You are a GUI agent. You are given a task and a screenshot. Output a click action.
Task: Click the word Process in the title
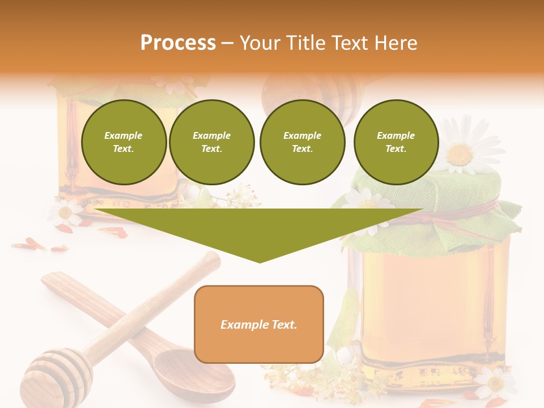tap(178, 43)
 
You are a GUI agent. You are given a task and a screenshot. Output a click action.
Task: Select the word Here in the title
tap(395, 43)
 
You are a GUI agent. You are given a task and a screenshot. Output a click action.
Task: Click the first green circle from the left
tap(124, 142)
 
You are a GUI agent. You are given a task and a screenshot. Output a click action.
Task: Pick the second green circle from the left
tap(212, 142)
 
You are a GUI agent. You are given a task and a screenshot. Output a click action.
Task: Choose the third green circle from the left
tap(302, 142)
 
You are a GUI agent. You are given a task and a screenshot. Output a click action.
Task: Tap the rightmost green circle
tap(396, 142)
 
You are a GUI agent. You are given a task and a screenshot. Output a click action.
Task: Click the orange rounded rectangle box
tap(259, 324)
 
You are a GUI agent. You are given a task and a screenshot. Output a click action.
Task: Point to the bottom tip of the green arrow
tap(260, 261)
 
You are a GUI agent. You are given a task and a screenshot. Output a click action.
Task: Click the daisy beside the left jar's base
tap(65, 212)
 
